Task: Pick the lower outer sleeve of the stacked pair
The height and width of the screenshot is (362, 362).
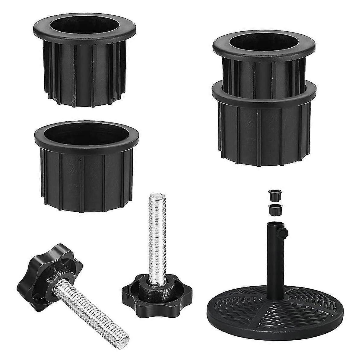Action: point(264,133)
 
